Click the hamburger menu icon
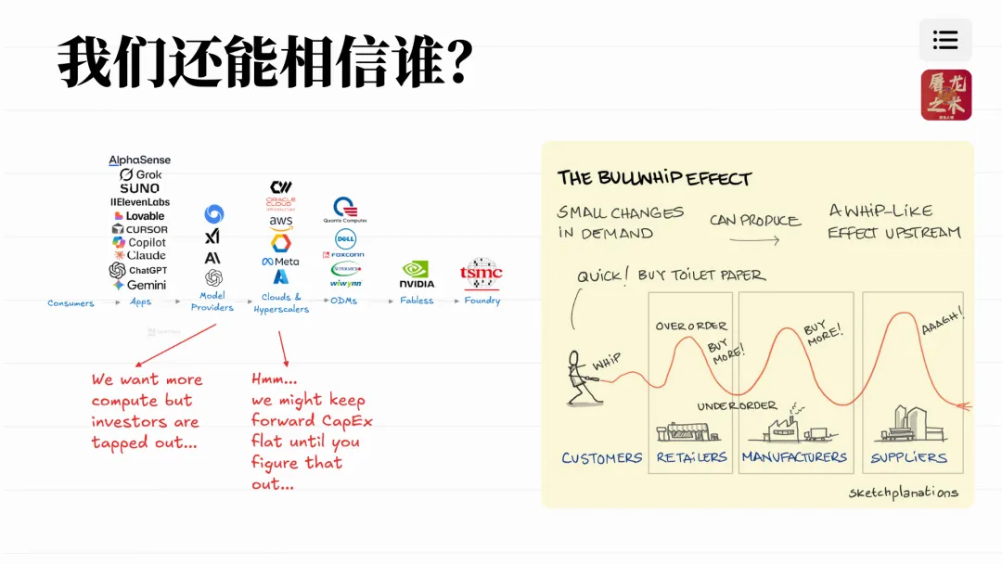[x=945, y=40]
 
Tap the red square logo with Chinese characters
[x=945, y=95]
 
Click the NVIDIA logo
[x=417, y=275]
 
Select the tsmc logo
[x=481, y=274]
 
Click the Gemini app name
[x=139, y=285]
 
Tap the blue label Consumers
[x=71, y=303]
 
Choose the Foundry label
[x=481, y=301]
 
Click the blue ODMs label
[x=344, y=301]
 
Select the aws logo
[x=280, y=223]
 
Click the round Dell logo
[x=345, y=238]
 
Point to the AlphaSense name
[x=139, y=160]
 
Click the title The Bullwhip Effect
[x=654, y=178]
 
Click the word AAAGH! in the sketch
[x=942, y=322]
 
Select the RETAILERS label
[x=691, y=457]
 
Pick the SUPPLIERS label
[x=908, y=457]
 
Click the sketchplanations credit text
[x=903, y=493]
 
